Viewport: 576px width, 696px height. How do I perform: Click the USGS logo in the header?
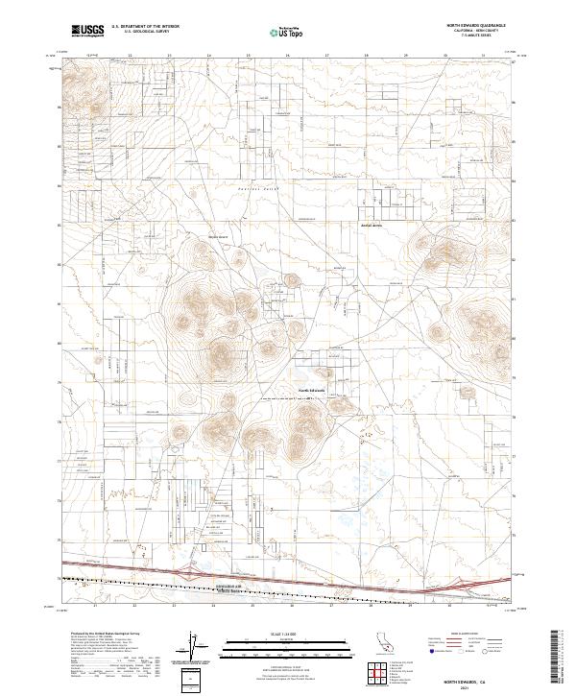click(86, 31)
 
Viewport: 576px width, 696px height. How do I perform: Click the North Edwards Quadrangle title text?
click(474, 25)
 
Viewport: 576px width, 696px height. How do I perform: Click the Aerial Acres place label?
click(372, 226)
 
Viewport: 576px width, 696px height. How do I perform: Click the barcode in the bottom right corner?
click(557, 662)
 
